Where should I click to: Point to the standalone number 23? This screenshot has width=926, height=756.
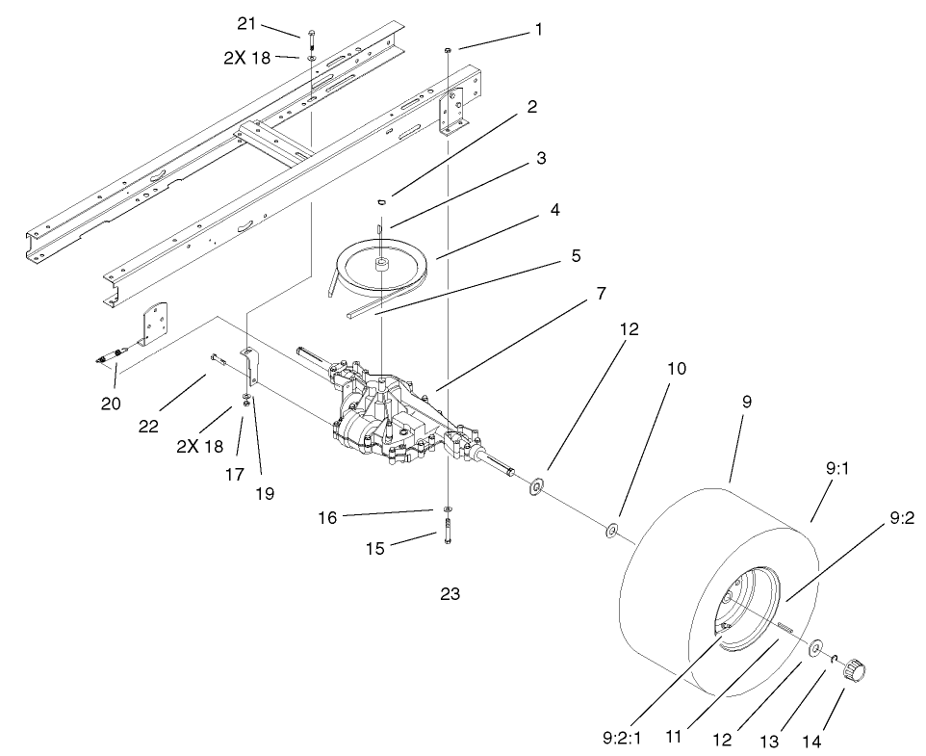(x=450, y=594)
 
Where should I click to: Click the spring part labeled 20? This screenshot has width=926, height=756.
(x=112, y=357)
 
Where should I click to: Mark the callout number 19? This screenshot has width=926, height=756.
(x=264, y=493)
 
